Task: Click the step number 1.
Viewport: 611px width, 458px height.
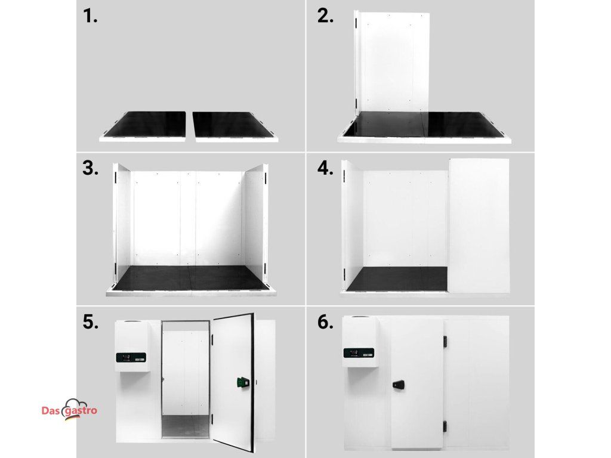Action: (x=90, y=16)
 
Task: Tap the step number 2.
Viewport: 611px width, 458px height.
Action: (x=325, y=16)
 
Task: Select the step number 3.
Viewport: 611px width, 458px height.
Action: (x=91, y=169)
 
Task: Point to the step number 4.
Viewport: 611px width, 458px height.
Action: (x=325, y=169)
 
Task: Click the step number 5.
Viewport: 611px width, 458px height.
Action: (x=91, y=323)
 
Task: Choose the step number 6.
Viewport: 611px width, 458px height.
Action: (x=325, y=323)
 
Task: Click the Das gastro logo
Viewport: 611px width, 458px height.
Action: (x=69, y=409)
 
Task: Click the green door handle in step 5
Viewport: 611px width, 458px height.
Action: (x=242, y=383)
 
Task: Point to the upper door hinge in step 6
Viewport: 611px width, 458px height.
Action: (x=445, y=342)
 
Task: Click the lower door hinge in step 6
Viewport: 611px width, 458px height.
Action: (x=445, y=426)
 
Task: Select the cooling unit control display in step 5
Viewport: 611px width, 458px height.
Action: (x=131, y=357)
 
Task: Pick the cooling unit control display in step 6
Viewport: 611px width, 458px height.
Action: (x=359, y=353)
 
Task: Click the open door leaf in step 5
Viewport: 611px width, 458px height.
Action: (x=233, y=382)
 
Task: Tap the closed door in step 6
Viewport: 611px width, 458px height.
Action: (x=417, y=383)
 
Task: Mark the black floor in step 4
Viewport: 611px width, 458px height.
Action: (x=397, y=279)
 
